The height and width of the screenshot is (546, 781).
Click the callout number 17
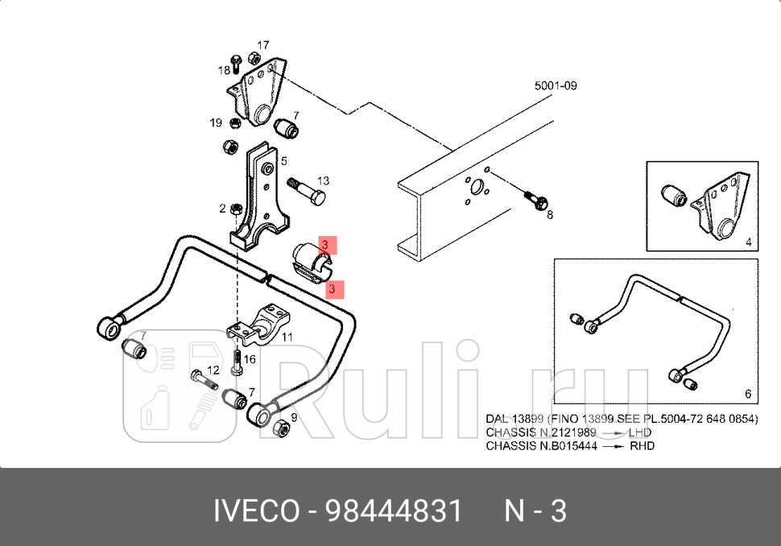[263, 45]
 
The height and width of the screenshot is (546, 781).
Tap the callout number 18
[223, 70]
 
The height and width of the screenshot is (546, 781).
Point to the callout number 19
[216, 123]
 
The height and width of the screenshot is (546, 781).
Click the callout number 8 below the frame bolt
[550, 215]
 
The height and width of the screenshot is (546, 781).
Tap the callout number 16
[250, 359]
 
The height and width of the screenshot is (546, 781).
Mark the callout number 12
[213, 370]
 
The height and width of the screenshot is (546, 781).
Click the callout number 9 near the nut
[294, 417]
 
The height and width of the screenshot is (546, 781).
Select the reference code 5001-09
[556, 85]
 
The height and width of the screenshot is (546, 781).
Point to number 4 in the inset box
[748, 242]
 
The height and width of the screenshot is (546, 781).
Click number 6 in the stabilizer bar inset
[748, 394]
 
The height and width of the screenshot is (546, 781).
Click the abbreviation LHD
[641, 432]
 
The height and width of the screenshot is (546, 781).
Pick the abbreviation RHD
[641, 445]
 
